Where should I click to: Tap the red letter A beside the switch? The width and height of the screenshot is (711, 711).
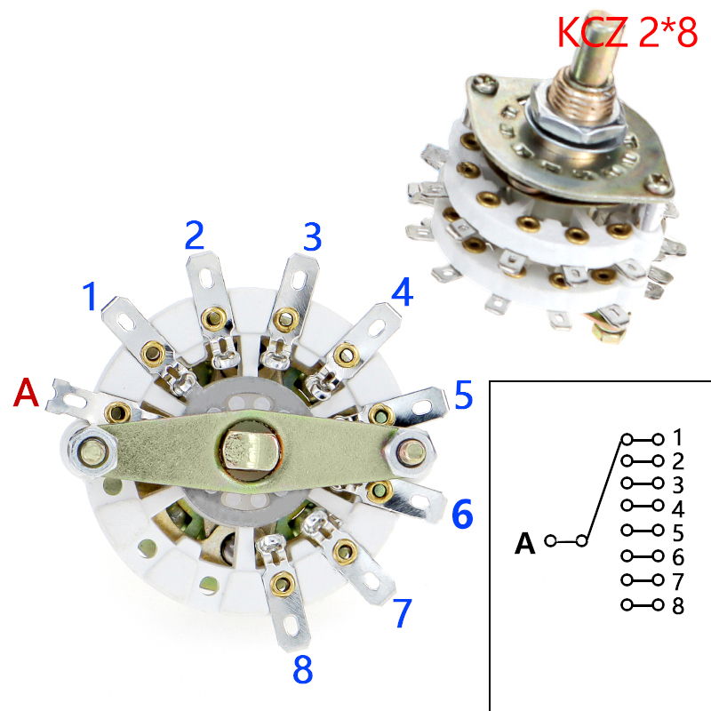pos(27,393)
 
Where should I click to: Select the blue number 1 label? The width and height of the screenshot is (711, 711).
pos(89,297)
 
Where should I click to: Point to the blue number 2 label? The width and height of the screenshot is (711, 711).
pos(195,235)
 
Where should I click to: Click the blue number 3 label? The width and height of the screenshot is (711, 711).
pos(311,237)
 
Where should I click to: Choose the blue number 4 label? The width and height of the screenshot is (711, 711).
pos(403,292)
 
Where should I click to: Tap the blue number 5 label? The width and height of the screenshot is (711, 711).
pos(463,395)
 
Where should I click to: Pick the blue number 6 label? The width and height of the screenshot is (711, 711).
pos(462,514)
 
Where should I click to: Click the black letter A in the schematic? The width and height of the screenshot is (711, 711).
pos(525,542)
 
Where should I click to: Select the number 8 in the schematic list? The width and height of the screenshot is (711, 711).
pos(678,606)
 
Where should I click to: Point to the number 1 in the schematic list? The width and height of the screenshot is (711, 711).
pos(678,438)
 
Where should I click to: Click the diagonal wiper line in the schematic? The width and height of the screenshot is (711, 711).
pos(604,490)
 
